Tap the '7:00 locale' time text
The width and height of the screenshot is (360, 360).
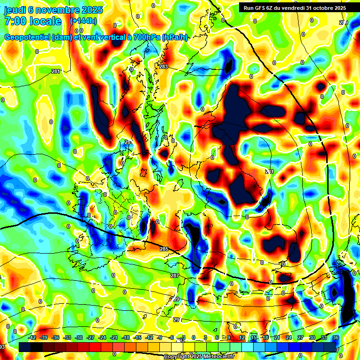tap(32, 21)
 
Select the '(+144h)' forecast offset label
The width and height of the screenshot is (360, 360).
tap(83, 21)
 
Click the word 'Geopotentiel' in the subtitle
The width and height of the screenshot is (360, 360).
tap(27, 37)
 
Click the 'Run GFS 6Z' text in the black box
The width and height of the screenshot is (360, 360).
tap(261, 7)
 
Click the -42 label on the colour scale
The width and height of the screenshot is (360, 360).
tap(32, 337)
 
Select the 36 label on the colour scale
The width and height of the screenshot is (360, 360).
tap(335, 337)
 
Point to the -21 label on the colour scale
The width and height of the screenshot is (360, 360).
tap(114, 337)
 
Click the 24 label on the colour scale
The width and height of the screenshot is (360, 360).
tap(289, 337)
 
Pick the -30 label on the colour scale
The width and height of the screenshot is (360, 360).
tap(79, 337)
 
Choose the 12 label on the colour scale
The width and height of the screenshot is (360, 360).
tap(242, 337)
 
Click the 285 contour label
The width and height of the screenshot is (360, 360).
tap(164, 249)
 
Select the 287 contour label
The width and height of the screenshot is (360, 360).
tap(174, 275)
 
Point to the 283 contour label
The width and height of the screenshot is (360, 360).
tap(164, 67)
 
